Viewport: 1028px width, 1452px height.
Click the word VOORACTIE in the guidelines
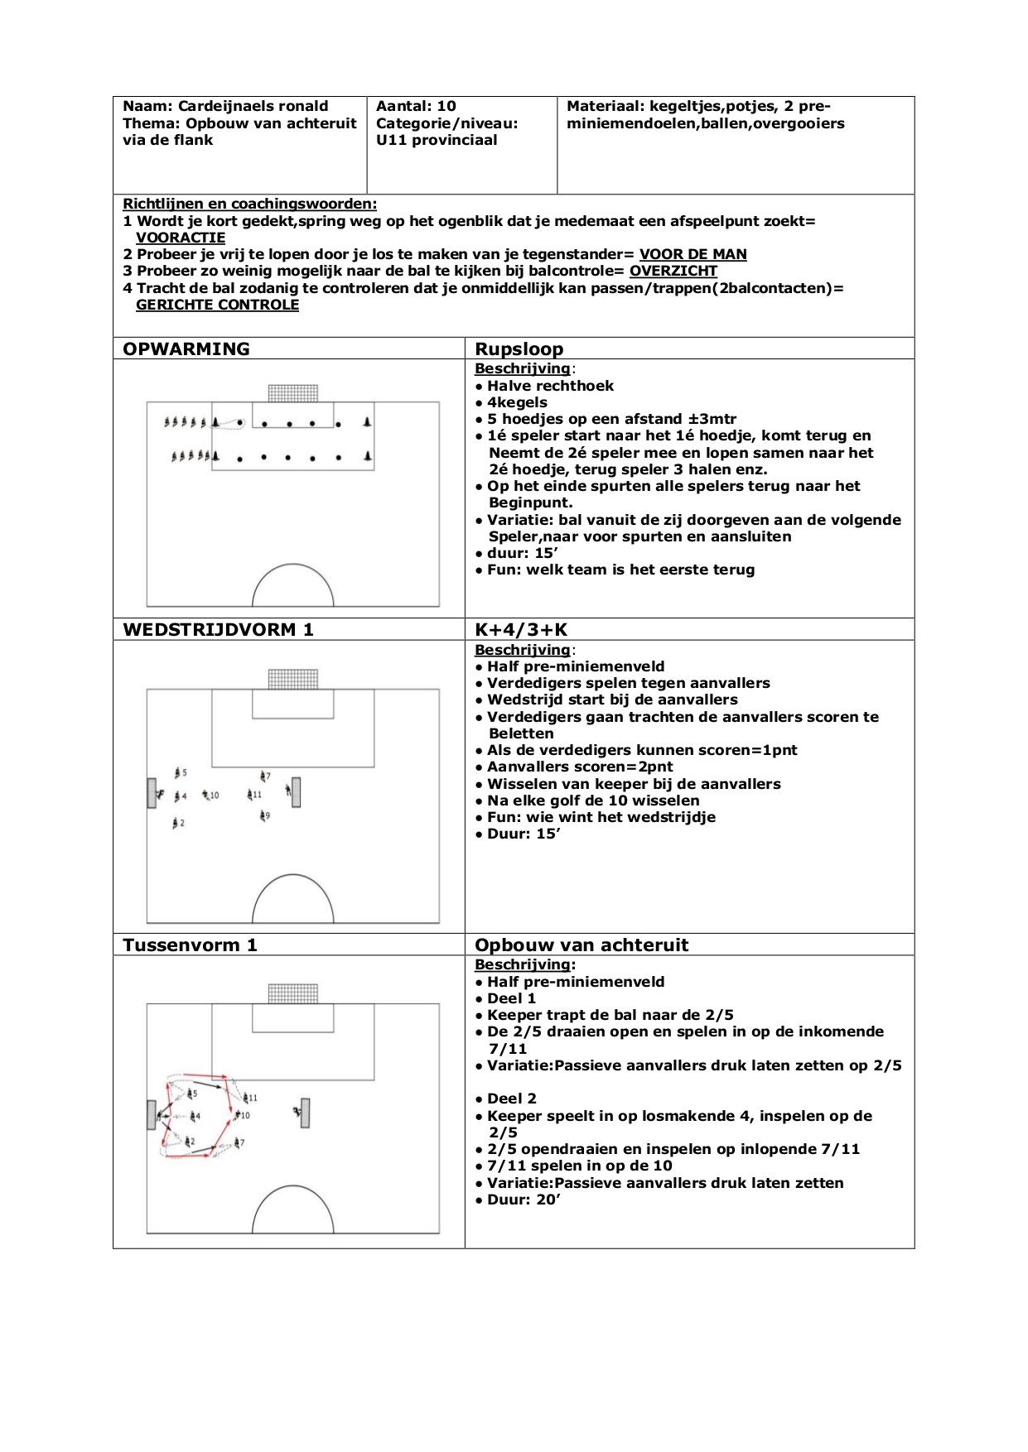point(181,238)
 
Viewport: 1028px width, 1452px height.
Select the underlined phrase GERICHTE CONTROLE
point(217,305)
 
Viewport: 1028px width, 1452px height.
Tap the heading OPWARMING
point(186,349)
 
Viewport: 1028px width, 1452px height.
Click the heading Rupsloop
point(519,349)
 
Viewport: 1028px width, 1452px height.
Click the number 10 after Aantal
point(446,106)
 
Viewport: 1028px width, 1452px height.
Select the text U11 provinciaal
point(437,140)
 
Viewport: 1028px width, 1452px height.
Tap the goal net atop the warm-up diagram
point(293,392)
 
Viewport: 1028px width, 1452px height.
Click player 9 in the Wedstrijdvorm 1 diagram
point(263,816)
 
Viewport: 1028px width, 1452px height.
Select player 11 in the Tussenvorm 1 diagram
point(246,1098)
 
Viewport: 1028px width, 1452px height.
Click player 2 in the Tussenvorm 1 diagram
point(189,1142)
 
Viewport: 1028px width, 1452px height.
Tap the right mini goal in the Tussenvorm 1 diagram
point(306,1113)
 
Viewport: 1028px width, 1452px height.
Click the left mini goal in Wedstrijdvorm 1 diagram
point(152,793)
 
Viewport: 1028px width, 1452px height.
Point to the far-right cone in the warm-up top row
point(367,422)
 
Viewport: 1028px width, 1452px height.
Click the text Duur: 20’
point(524,1200)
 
